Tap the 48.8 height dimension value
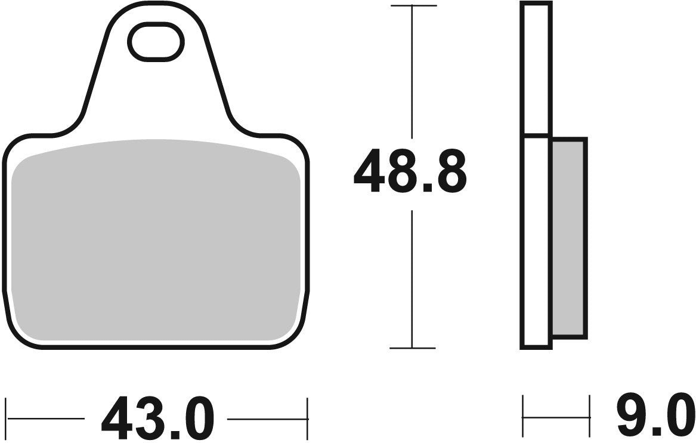410,173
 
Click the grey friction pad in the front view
155,239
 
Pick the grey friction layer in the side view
569,236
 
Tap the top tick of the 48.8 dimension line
412,6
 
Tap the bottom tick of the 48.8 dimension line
412,347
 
